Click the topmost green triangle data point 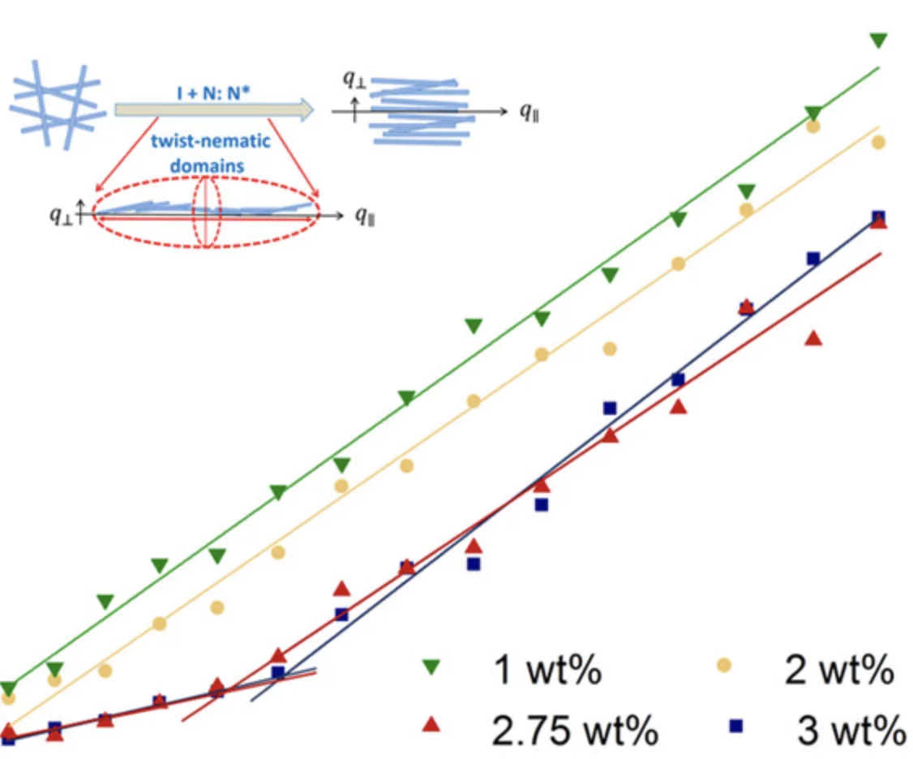[x=878, y=40]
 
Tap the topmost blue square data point [x=878, y=217]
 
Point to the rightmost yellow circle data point [x=878, y=143]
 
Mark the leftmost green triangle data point [x=8, y=688]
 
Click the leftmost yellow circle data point [x=9, y=697]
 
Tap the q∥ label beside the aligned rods [x=530, y=110]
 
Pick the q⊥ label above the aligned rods [x=354, y=79]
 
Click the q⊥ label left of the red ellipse [x=61, y=216]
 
